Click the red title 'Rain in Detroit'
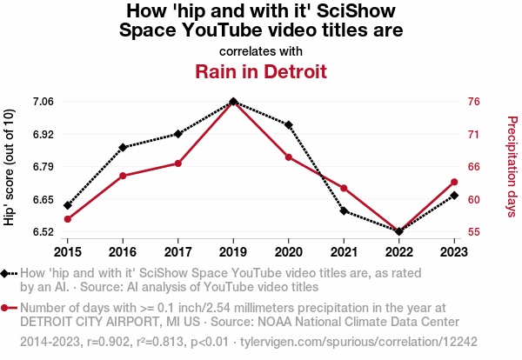(x=261, y=71)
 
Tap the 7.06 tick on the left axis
(x=43, y=102)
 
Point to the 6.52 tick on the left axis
(x=43, y=232)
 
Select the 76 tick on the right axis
(x=473, y=102)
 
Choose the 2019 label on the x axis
(x=233, y=251)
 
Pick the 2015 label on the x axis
(x=68, y=251)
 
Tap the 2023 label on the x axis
(x=454, y=251)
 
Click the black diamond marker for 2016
(x=123, y=147)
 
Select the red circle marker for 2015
(x=68, y=219)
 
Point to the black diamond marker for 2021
(x=344, y=210)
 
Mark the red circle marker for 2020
(x=289, y=157)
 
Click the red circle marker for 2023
(x=454, y=182)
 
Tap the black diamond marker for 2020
(x=289, y=125)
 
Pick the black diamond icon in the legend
(x=6, y=274)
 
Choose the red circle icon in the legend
(x=6, y=308)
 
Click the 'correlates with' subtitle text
(x=261, y=50)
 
